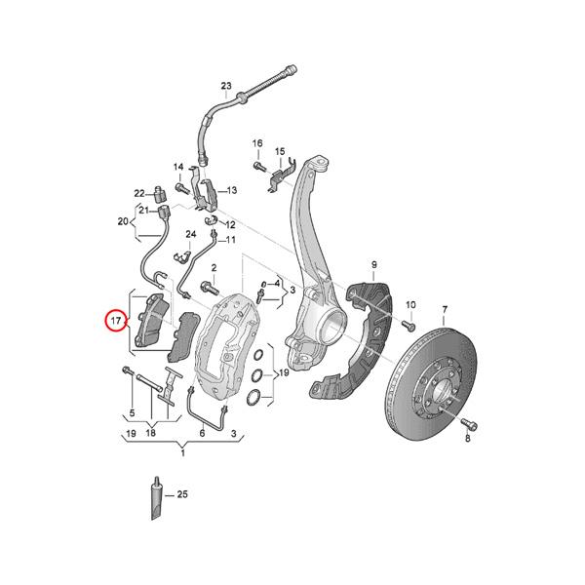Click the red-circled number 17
[x=115, y=321]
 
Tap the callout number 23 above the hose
[x=226, y=87]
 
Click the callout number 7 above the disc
[x=444, y=310]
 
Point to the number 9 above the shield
[x=373, y=265]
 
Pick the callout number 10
[x=409, y=304]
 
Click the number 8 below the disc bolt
[x=467, y=441]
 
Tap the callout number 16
[x=258, y=144]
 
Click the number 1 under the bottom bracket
[x=182, y=454]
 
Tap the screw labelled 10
[x=409, y=325]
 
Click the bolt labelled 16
[x=259, y=167]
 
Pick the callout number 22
[x=140, y=192]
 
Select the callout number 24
[x=192, y=235]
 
